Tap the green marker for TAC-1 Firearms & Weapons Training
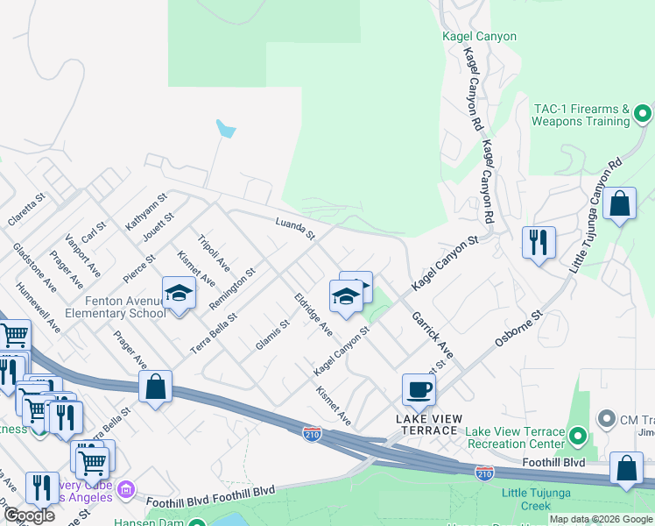click(643, 114)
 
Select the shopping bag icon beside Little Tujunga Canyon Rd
click(619, 204)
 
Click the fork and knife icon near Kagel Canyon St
click(539, 240)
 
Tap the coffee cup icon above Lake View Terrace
click(419, 388)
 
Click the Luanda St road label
click(294, 230)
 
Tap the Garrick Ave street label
click(433, 334)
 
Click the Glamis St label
click(271, 335)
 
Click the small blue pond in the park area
click(226, 131)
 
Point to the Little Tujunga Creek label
click(538, 500)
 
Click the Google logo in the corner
click(29, 515)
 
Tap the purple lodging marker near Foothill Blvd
click(126, 487)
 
